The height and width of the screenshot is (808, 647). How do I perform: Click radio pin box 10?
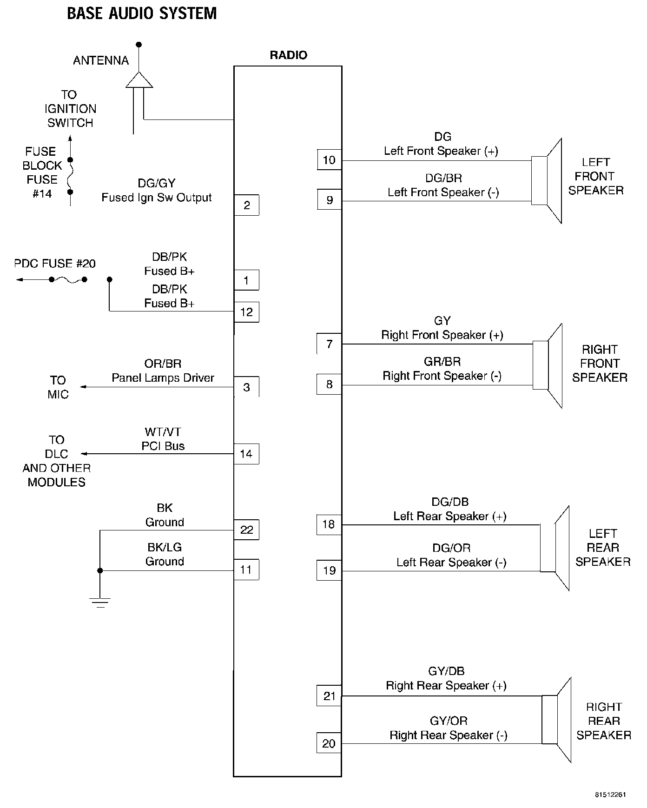click(x=329, y=160)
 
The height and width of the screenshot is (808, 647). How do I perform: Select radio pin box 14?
click(x=246, y=454)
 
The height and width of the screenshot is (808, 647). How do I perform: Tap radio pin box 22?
click(x=246, y=530)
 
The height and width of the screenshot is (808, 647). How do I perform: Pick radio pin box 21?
click(x=329, y=696)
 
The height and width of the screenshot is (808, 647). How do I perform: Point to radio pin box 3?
click(x=246, y=387)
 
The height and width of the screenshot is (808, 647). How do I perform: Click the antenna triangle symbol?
click(x=139, y=80)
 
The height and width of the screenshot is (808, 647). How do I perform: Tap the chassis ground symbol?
click(x=100, y=602)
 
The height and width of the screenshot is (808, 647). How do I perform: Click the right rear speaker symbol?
click(x=557, y=720)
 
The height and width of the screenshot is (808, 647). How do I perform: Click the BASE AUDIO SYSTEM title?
click(x=142, y=13)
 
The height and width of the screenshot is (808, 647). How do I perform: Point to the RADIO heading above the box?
click(x=288, y=55)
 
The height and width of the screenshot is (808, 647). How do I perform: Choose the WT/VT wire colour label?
click(x=163, y=432)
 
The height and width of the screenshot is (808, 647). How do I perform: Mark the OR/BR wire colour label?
click(x=163, y=364)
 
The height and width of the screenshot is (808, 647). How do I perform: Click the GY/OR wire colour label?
click(x=448, y=721)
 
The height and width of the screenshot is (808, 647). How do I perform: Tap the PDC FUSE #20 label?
click(x=55, y=264)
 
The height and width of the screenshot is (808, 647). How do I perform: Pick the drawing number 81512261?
click(x=610, y=794)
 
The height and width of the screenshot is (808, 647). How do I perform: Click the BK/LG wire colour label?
click(x=165, y=547)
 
